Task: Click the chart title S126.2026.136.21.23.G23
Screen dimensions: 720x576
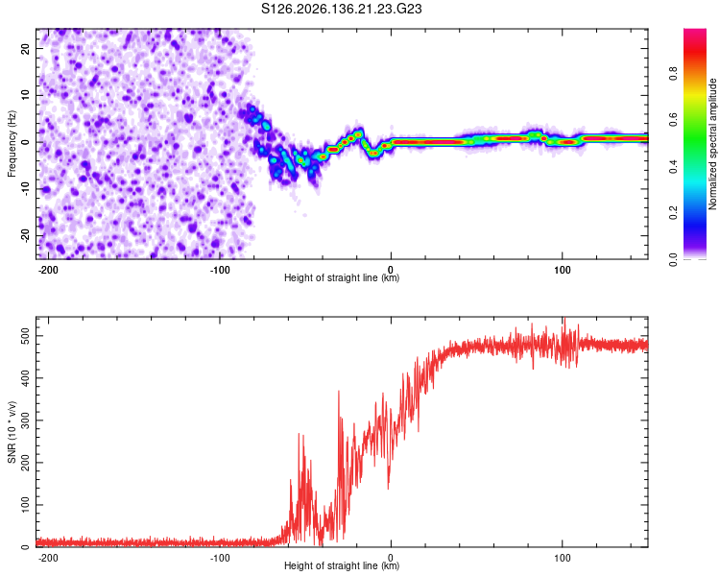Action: click(341, 9)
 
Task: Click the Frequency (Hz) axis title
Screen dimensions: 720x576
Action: click(12, 144)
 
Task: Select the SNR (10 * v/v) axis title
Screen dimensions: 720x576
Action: click(12, 432)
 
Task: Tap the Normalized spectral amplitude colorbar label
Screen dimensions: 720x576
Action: click(712, 144)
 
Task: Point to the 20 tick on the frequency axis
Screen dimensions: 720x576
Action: click(25, 48)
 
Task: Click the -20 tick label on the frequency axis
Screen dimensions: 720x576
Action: click(25, 236)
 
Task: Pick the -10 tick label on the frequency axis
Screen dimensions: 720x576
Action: click(25, 189)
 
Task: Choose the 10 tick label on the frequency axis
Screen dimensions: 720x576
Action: click(25, 95)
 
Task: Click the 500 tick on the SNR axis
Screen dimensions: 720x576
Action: click(25, 336)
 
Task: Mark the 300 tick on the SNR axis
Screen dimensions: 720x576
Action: click(25, 420)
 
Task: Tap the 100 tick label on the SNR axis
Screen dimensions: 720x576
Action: click(25, 505)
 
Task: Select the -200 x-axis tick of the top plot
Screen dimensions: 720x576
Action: click(48, 270)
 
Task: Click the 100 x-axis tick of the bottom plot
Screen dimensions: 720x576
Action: click(562, 558)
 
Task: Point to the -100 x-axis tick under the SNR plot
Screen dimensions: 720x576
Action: click(220, 558)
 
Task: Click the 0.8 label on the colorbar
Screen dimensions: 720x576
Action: click(673, 74)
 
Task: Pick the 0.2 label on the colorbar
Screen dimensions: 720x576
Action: click(673, 213)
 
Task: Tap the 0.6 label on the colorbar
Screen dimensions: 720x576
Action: click(673, 120)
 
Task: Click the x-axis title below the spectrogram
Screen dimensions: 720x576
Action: click(342, 277)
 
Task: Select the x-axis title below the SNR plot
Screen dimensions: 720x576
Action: click(342, 565)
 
